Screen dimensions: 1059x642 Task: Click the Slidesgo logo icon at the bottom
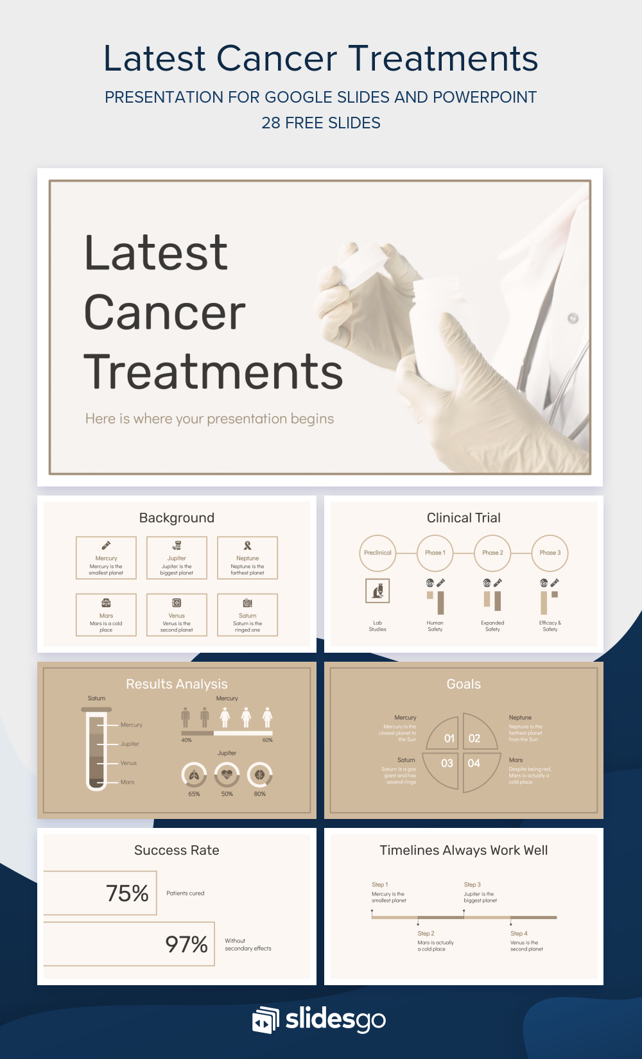coord(265,1020)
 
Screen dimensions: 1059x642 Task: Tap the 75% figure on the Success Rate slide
coord(127,893)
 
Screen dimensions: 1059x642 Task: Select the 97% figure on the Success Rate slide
coord(186,944)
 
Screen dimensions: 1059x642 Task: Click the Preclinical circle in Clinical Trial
coord(377,553)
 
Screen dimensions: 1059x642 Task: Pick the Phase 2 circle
coord(492,553)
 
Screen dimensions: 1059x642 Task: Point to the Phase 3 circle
coord(550,553)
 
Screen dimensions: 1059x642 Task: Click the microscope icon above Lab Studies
coord(377,590)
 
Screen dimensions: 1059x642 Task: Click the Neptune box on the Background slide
coord(247,558)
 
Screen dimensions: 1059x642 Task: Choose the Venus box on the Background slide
coord(177,615)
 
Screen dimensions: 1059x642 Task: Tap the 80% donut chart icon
coord(259,775)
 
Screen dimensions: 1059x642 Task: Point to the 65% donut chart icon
coord(194,775)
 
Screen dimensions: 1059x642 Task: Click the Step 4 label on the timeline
coord(519,934)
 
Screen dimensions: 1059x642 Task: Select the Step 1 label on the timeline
coord(380,884)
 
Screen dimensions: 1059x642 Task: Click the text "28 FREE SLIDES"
coord(321,123)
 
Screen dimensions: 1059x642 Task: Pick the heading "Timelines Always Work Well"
coord(464,850)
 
